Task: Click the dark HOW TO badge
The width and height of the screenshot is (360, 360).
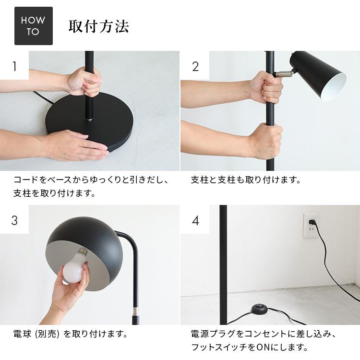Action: pyautogui.click(x=33, y=26)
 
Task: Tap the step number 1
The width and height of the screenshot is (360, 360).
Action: pyautogui.click(x=14, y=66)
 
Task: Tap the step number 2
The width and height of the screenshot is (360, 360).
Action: pyautogui.click(x=195, y=66)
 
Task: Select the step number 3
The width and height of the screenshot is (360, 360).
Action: pyautogui.click(x=14, y=220)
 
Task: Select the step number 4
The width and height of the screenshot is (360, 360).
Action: pyautogui.click(x=195, y=220)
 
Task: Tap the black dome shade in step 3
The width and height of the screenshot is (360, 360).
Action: pyautogui.click(x=91, y=235)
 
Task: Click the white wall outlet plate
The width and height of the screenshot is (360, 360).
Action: pyautogui.click(x=311, y=226)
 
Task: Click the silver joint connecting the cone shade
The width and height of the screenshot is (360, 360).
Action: pyautogui.click(x=284, y=73)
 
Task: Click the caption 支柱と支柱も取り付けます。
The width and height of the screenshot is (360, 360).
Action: pyautogui.click(x=246, y=180)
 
